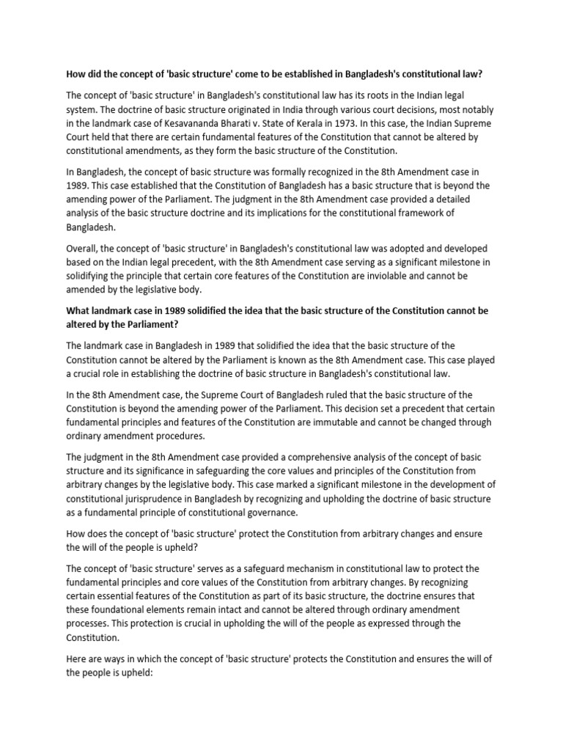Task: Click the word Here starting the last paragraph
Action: (x=77, y=659)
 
